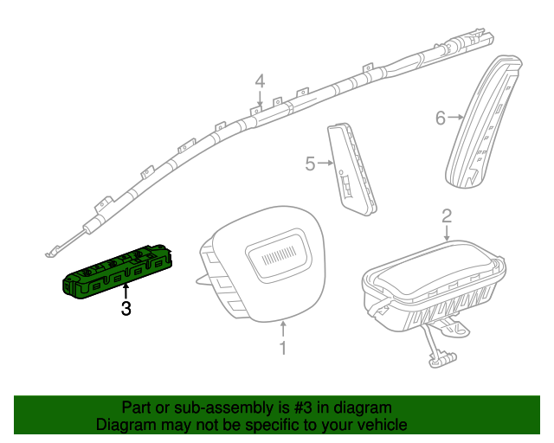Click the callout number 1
click(282, 349)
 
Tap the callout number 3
click(126, 308)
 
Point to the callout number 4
click(260, 81)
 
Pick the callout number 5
click(310, 163)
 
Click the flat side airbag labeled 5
click(352, 168)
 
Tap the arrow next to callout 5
click(325, 163)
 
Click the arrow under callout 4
click(260, 100)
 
